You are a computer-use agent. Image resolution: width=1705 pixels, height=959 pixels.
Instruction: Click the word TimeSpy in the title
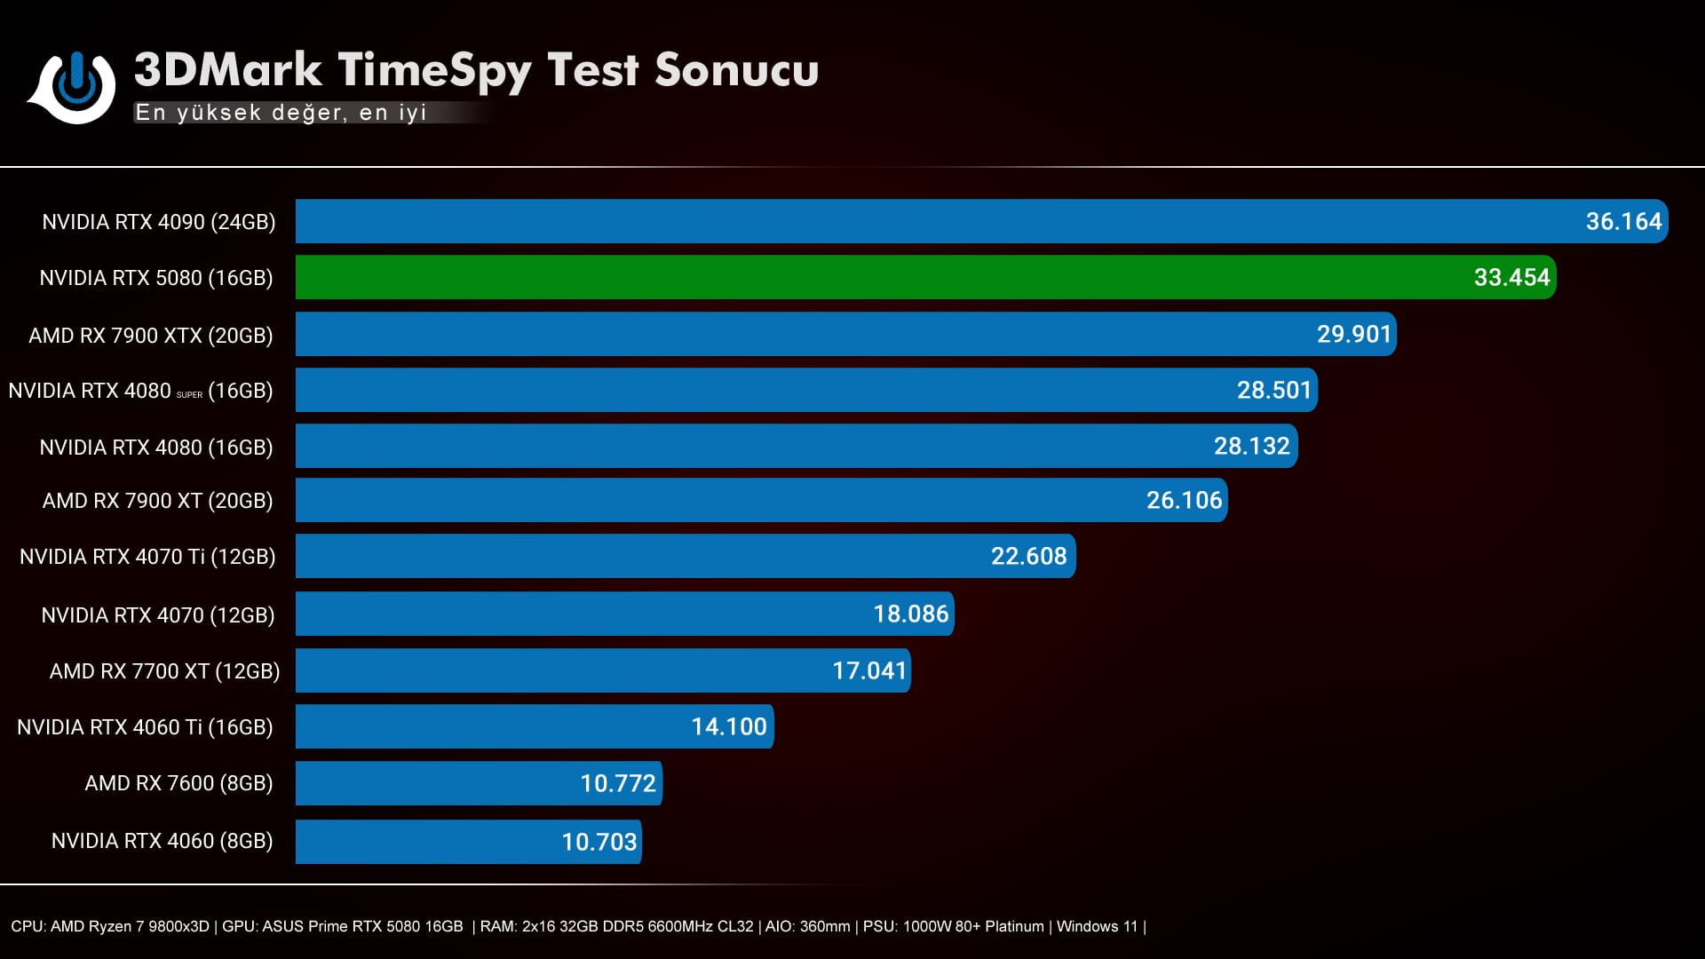coord(434,71)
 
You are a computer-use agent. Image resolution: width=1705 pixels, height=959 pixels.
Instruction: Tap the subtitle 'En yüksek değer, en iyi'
coord(281,113)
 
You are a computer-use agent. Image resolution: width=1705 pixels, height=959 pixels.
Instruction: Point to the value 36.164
coord(1623,221)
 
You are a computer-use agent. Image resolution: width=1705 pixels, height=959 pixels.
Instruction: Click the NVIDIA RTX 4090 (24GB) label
coord(159,222)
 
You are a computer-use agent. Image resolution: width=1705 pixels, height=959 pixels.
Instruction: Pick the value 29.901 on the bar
coord(1353,335)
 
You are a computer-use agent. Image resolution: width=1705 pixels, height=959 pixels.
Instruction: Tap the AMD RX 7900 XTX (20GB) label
coord(151,336)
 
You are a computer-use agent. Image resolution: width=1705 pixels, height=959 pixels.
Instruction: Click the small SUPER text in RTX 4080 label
coord(189,395)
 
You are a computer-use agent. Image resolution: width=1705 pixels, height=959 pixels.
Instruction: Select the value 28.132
coord(1251,446)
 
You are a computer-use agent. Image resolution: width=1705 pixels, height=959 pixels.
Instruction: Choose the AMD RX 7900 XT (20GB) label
coord(158,501)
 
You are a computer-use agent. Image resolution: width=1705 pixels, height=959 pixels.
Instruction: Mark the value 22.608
coord(1028,557)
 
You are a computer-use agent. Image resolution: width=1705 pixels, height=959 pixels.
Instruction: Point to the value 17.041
coord(868,670)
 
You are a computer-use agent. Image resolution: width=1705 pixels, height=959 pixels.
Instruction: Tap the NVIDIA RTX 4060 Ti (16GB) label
coord(145,727)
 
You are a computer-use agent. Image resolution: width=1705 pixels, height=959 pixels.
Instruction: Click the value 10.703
coord(599,842)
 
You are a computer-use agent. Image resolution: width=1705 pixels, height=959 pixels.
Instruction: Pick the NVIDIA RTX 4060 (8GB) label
coord(162,841)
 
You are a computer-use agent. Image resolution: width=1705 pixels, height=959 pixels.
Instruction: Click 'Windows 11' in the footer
coord(1097,927)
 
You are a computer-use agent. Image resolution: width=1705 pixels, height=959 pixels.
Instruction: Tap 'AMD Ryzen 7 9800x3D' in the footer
coord(130,927)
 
